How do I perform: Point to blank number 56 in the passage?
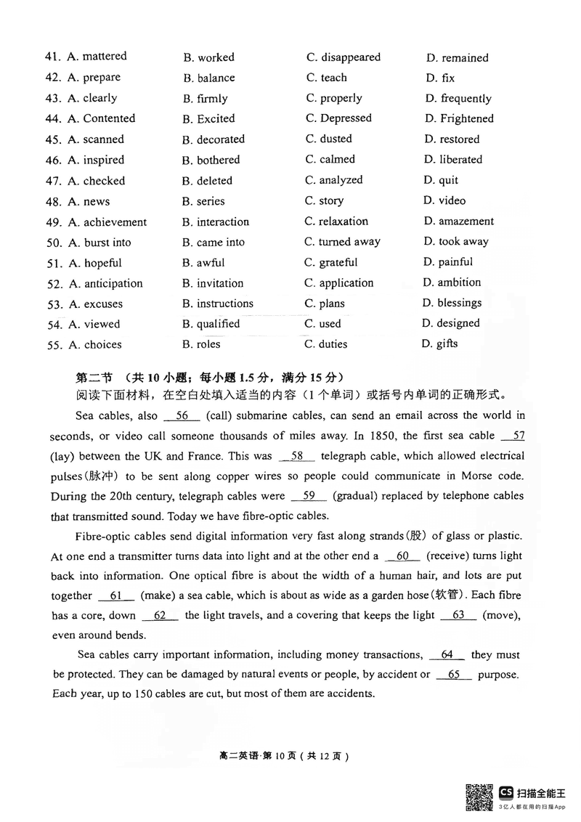pos(182,416)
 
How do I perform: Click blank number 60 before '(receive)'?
pos(403,556)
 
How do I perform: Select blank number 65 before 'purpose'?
pos(454,675)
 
